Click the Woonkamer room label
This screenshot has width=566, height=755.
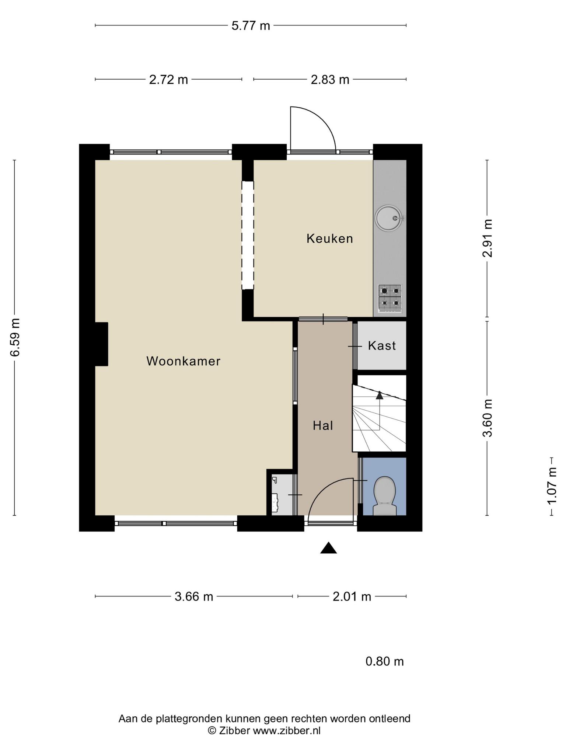click(x=183, y=361)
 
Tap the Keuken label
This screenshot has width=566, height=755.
click(x=330, y=239)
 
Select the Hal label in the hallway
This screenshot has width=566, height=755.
click(x=323, y=425)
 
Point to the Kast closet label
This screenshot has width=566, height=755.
click(x=382, y=345)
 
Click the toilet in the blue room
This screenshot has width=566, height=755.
click(x=385, y=496)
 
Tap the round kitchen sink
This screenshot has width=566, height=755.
click(x=388, y=218)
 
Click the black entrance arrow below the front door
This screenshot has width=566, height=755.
click(x=329, y=548)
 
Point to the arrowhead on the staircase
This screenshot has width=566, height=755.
click(x=380, y=395)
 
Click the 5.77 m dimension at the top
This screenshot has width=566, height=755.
click(x=251, y=26)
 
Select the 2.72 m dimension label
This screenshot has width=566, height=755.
click(x=168, y=80)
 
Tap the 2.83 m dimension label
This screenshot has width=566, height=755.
click(x=330, y=80)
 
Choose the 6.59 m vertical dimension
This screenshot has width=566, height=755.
click(x=15, y=337)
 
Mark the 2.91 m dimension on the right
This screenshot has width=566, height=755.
click(x=488, y=238)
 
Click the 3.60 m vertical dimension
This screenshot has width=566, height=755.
click(x=488, y=418)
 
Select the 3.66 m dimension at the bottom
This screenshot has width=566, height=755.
click(x=194, y=596)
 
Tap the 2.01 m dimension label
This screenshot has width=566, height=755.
click(x=352, y=596)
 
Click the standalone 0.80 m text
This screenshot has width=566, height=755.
click(x=385, y=661)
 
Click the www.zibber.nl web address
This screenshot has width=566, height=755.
click(x=286, y=730)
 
